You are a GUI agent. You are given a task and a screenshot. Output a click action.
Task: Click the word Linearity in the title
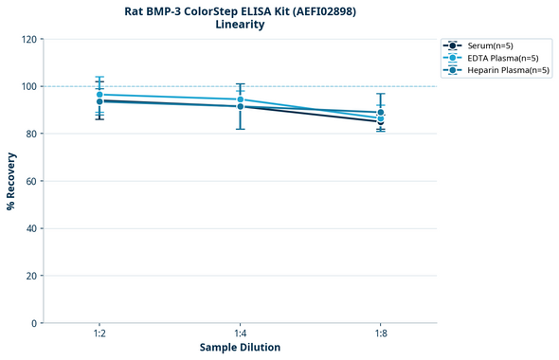[240, 25]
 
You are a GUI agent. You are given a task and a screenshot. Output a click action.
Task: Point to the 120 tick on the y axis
[29, 39]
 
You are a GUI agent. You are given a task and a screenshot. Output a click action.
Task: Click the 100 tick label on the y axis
[29, 86]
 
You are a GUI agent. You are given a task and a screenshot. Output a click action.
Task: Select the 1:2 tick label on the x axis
[99, 334]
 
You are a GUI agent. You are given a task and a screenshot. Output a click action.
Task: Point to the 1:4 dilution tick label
[240, 334]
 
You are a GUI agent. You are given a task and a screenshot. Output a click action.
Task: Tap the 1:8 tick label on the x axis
[381, 334]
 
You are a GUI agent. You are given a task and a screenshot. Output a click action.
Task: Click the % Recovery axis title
[11, 181]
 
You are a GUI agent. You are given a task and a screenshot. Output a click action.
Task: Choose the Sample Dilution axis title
[240, 348]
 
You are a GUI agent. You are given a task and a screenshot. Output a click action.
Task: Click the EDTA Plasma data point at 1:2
[99, 95]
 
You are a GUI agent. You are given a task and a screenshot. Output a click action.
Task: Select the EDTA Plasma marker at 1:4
[240, 99]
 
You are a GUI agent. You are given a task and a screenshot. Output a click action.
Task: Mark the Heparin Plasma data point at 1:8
[381, 113]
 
